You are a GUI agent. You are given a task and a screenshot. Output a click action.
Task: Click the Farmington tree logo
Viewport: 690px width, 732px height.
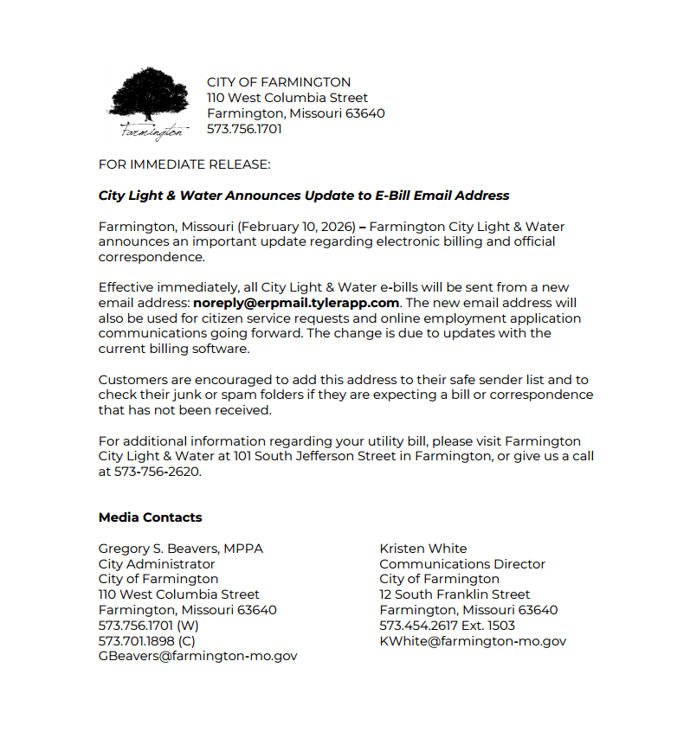point(148,103)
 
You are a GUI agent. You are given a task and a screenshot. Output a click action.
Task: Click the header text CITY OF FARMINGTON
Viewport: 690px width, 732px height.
point(279,82)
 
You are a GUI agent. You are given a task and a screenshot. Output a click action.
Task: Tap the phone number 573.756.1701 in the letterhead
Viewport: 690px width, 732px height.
point(244,129)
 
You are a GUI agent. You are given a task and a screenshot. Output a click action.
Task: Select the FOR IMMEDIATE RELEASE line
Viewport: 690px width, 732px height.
point(184,164)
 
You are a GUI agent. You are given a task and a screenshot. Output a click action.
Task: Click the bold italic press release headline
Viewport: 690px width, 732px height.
point(304,196)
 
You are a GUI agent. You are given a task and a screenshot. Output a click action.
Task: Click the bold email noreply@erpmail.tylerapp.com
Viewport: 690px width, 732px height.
point(296,303)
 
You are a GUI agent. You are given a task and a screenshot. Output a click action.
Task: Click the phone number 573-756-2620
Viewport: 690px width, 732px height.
point(157,472)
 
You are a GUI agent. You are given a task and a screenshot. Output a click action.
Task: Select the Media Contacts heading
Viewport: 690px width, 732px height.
point(150,517)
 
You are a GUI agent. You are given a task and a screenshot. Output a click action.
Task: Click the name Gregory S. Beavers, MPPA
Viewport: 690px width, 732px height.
point(181,549)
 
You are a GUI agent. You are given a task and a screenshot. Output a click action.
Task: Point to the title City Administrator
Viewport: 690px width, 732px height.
point(157,564)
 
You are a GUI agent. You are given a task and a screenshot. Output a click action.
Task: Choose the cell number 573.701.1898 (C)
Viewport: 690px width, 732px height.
point(147,640)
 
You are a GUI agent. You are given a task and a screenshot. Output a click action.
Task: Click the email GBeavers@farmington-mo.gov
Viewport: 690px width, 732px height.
point(197,656)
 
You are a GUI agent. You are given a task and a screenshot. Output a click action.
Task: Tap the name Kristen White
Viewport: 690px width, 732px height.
point(423,549)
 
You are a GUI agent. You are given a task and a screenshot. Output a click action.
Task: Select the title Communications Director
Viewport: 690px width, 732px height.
point(462,564)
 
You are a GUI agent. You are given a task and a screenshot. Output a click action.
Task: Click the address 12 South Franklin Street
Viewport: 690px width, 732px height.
point(455,594)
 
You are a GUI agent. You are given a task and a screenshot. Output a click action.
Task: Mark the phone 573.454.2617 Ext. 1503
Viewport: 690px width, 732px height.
point(447,625)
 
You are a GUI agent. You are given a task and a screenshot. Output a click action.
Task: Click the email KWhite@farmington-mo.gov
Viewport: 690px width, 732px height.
point(473,640)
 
